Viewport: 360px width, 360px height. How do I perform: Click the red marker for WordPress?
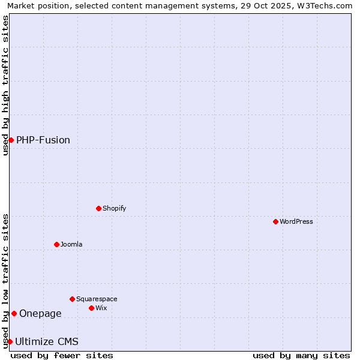[275, 221]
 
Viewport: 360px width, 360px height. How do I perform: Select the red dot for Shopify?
[98, 208]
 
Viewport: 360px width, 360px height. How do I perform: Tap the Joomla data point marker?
[56, 244]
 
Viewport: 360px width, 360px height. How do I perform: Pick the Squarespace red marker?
[72, 299]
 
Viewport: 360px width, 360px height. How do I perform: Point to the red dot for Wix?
[91, 308]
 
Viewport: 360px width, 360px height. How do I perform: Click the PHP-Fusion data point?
[11, 140]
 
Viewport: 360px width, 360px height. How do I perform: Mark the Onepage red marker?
[14, 313]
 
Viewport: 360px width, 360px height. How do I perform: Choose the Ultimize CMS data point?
[10, 341]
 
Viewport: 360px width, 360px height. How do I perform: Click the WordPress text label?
[296, 221]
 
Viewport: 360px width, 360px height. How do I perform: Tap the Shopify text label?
[114, 208]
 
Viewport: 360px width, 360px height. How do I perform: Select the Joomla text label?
[71, 244]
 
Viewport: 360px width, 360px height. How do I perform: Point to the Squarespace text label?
[97, 299]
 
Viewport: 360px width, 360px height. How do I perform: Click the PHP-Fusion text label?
[43, 140]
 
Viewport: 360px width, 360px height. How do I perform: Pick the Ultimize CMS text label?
[47, 341]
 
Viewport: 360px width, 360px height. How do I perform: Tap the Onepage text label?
[40, 313]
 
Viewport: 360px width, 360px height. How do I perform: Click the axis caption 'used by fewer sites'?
[62, 355]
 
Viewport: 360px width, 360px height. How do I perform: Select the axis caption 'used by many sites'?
[301, 355]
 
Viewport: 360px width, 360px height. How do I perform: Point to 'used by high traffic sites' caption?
[5, 85]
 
